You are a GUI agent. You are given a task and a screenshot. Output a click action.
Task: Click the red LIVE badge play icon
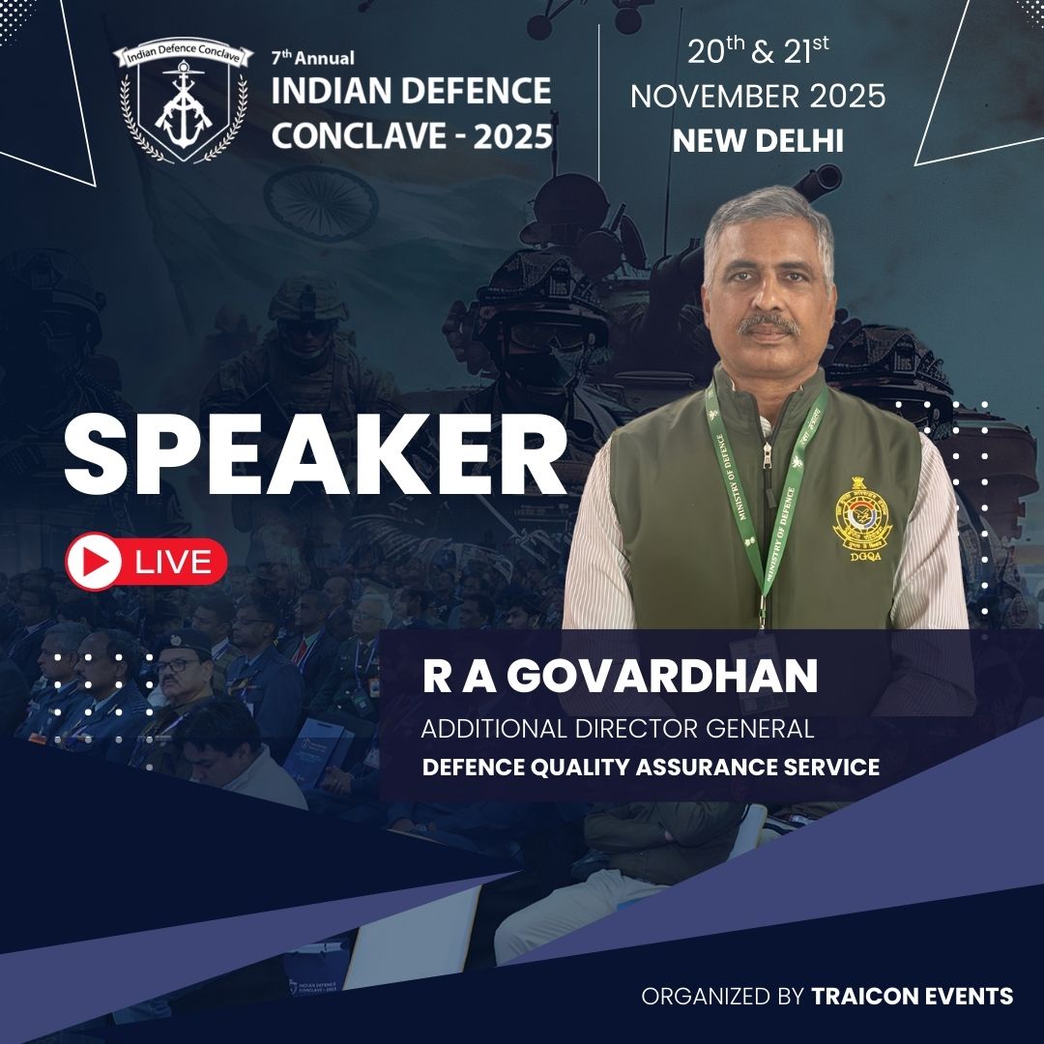point(94,562)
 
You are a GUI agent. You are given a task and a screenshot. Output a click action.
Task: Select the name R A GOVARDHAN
point(620,678)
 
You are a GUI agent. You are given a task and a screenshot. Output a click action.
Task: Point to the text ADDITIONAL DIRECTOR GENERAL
point(617,728)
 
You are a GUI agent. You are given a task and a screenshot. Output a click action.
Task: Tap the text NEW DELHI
point(758,141)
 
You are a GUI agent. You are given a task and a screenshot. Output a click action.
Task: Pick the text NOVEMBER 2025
point(758,97)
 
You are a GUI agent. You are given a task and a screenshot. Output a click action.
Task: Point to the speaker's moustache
point(768,325)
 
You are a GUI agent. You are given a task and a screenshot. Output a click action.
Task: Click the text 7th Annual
point(312,58)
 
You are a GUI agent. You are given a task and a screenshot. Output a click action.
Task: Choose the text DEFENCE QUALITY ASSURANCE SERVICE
point(651,768)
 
